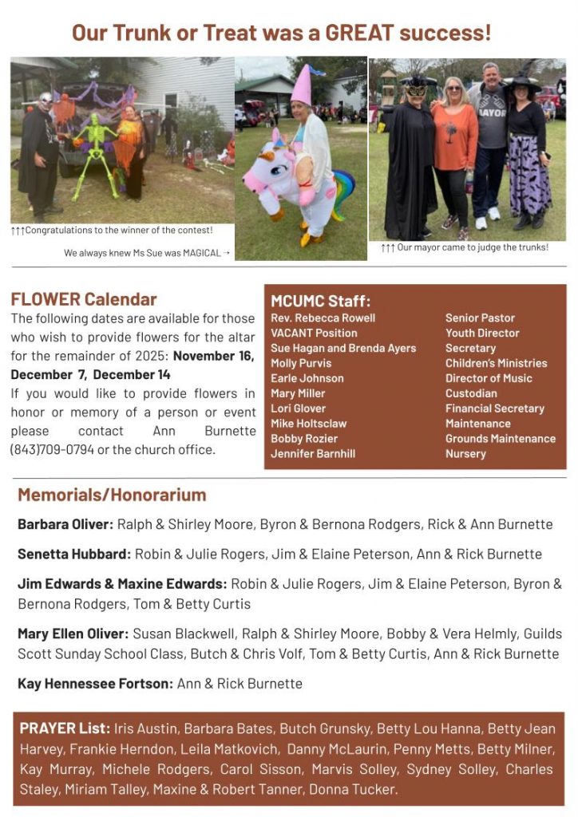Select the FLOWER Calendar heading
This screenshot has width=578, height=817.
click(x=84, y=299)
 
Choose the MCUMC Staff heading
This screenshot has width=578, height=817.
click(x=320, y=301)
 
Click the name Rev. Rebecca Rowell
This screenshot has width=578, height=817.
click(x=323, y=318)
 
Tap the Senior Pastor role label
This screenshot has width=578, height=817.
click(x=480, y=318)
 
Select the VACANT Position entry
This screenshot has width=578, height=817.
click(x=314, y=333)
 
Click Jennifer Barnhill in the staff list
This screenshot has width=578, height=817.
click(x=313, y=453)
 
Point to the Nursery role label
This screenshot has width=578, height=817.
click(x=465, y=453)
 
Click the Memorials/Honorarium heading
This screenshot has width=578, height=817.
click(x=112, y=495)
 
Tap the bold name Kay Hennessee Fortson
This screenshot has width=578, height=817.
click(x=95, y=683)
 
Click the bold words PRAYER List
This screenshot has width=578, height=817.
click(x=65, y=728)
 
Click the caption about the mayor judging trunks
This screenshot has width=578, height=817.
click(x=465, y=247)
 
